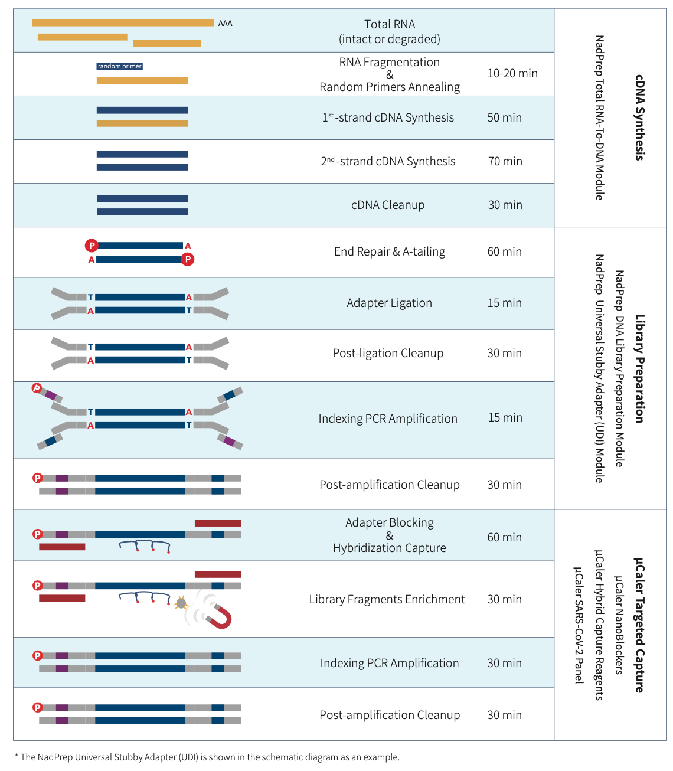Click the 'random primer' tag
coord(120,67)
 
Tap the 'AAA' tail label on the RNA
coord(225,24)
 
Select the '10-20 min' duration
coord(512,74)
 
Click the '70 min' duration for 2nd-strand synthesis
coord(505,162)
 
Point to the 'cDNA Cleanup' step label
coord(388,205)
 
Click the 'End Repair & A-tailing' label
coord(390,252)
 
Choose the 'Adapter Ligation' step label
coord(390,303)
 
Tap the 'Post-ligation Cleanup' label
coord(388,354)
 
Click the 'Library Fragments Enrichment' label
coord(387,600)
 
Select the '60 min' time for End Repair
coord(505,252)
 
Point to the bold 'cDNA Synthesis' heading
coord(639,117)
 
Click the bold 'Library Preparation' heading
coord(639,368)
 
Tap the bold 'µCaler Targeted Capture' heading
coord(639,625)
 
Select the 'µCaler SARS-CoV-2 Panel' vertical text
coord(579,625)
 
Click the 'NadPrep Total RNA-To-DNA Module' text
coord(599,117)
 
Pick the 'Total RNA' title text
coord(390,25)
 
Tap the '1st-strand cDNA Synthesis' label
coord(388,118)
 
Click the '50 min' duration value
coord(505,118)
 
